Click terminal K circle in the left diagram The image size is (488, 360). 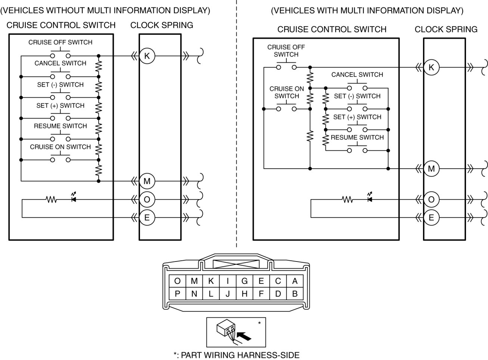[x=147, y=56]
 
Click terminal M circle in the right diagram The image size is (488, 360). [x=431, y=169]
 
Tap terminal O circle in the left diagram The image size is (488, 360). [x=147, y=200]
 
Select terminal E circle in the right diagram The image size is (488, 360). [x=431, y=217]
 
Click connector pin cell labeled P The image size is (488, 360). [x=177, y=294]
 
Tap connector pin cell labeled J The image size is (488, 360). [x=228, y=294]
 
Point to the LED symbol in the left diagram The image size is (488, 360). [x=74, y=199]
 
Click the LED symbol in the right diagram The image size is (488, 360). [x=370, y=199]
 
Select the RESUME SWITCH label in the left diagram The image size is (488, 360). [x=60, y=126]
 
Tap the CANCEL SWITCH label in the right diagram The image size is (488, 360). [x=357, y=75]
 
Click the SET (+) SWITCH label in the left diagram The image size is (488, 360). [x=60, y=106]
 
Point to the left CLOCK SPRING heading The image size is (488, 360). [x=162, y=25]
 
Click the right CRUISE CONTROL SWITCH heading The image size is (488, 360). [x=332, y=29]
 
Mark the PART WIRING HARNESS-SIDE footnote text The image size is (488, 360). [x=236, y=355]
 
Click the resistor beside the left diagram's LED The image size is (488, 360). [x=51, y=200]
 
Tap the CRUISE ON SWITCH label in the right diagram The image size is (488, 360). [x=287, y=92]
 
